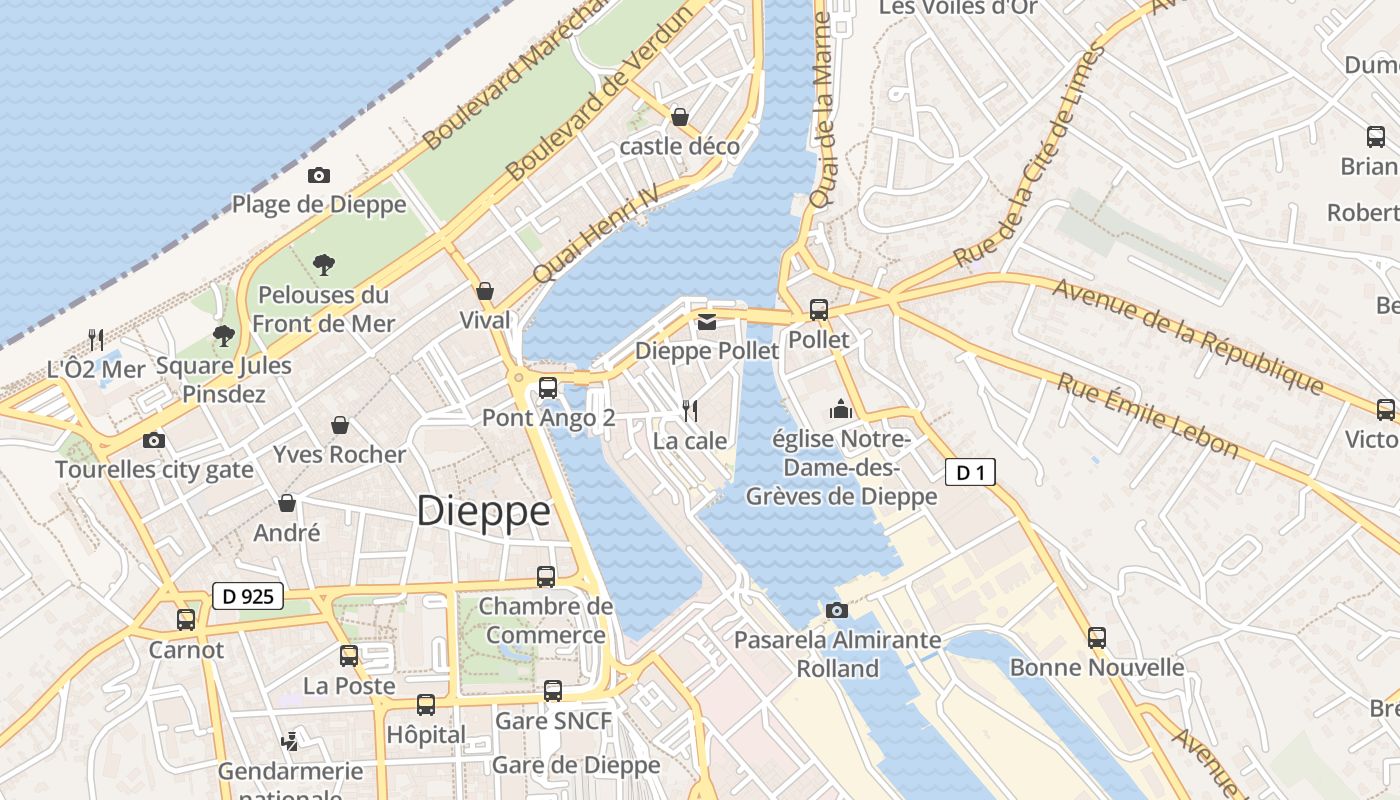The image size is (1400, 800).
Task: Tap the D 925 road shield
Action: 248,597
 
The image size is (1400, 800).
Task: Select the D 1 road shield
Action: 970,473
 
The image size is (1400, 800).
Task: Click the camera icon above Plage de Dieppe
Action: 319,176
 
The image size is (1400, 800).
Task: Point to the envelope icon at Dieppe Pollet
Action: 707,321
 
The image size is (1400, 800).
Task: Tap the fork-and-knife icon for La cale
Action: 689,410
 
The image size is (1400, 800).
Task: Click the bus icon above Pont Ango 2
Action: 548,388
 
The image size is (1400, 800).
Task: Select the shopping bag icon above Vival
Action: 485,291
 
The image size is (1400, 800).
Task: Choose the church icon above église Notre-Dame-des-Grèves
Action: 840,409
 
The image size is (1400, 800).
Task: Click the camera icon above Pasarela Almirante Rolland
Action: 837,610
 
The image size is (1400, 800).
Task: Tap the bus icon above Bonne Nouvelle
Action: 1097,637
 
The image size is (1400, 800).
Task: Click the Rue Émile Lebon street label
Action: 1148,414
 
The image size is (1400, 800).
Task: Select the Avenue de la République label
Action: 1188,335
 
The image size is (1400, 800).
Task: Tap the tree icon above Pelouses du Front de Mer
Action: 323,265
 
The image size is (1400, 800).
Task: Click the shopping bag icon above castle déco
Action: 680,117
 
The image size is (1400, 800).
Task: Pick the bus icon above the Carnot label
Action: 186,620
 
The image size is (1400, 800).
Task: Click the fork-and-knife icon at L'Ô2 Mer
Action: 96,339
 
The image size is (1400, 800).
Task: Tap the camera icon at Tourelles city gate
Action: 153,440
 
